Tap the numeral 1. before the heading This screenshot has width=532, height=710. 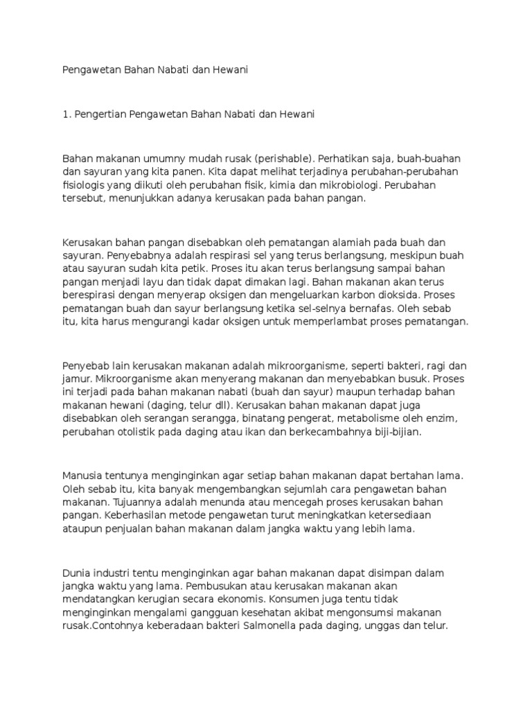[66, 114]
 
